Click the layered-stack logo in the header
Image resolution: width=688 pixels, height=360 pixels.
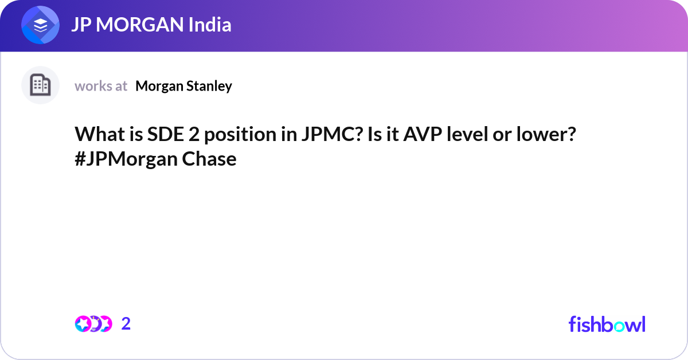click(41, 26)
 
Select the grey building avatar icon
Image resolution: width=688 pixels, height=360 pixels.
click(40, 85)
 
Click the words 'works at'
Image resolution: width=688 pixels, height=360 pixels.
click(101, 86)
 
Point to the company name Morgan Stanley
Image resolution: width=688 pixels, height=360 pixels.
click(183, 86)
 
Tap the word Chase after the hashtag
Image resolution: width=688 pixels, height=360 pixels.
click(209, 159)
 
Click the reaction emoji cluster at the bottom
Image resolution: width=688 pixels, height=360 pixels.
click(93, 323)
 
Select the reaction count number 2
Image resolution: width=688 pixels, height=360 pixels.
click(126, 323)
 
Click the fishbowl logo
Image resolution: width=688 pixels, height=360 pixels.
click(607, 324)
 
